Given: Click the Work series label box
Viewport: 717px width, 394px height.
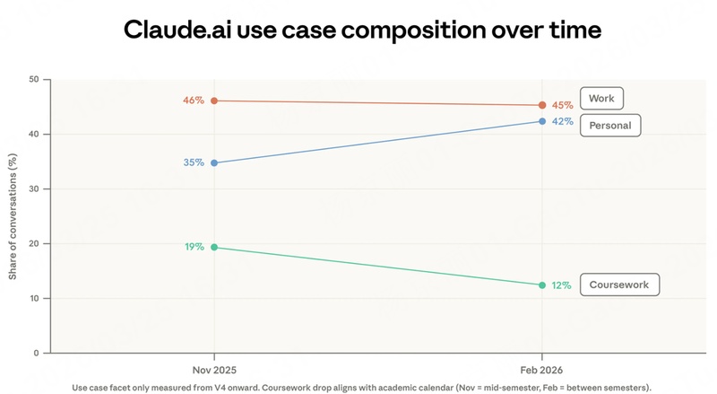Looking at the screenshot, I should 600,98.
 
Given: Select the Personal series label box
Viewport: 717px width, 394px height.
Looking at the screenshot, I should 610,126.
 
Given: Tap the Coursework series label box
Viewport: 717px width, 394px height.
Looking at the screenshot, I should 619,285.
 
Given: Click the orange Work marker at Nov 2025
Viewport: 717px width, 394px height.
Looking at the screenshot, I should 213,101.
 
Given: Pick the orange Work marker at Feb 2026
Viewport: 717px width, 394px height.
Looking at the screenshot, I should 542,105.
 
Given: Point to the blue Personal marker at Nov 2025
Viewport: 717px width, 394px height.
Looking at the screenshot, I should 213,162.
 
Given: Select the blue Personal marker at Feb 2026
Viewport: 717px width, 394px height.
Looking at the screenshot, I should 542,121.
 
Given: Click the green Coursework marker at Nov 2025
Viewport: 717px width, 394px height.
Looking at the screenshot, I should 213,247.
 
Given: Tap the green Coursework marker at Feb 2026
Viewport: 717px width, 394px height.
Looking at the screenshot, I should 542,285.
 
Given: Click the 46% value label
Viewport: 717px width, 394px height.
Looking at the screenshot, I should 194,101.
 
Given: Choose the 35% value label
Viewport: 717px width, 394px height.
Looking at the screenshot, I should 194,162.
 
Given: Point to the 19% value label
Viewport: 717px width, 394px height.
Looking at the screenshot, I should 194,247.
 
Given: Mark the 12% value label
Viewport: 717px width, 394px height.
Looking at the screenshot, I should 562,285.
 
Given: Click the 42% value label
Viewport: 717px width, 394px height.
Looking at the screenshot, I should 562,122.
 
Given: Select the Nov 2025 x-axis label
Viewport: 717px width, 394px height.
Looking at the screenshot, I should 213,369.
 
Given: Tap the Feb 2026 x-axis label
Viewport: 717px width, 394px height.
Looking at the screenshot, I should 542,369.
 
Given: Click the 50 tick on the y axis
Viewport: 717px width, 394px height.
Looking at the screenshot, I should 34,80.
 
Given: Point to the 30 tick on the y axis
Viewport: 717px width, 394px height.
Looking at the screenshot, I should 34,189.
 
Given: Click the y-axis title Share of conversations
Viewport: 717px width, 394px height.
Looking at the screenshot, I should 13,215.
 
